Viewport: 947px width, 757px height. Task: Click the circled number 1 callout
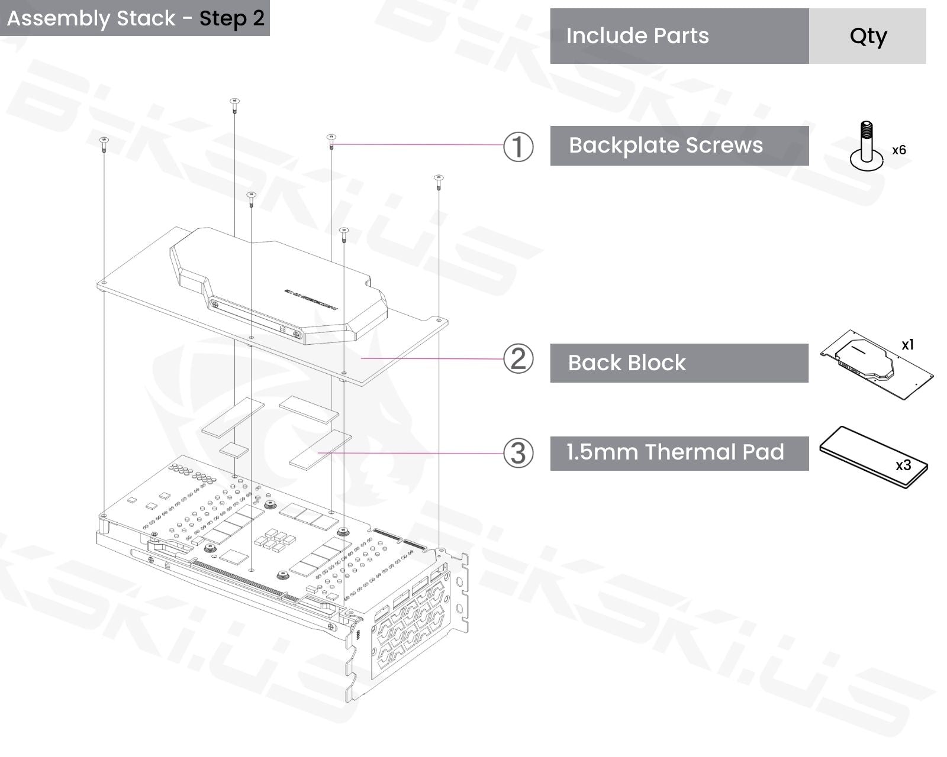518,146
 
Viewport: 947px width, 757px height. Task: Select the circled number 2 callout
518,359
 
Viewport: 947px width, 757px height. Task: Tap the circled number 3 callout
518,453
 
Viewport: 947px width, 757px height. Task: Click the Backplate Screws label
666,145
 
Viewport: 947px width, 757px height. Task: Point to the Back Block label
627,363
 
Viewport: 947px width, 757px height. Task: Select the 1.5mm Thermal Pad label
675,452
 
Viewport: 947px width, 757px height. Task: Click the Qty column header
868,36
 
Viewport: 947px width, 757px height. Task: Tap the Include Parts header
637,36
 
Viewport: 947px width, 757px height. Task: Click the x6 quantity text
898,150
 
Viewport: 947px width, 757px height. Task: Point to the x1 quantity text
907,344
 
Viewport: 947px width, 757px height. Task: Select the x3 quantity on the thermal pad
903,465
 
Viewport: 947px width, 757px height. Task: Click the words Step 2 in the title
231,18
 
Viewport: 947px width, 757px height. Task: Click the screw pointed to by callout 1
331,140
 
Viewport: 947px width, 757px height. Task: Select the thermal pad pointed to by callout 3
320,449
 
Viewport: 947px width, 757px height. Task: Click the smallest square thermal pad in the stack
234,450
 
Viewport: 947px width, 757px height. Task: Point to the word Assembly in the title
59,18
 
